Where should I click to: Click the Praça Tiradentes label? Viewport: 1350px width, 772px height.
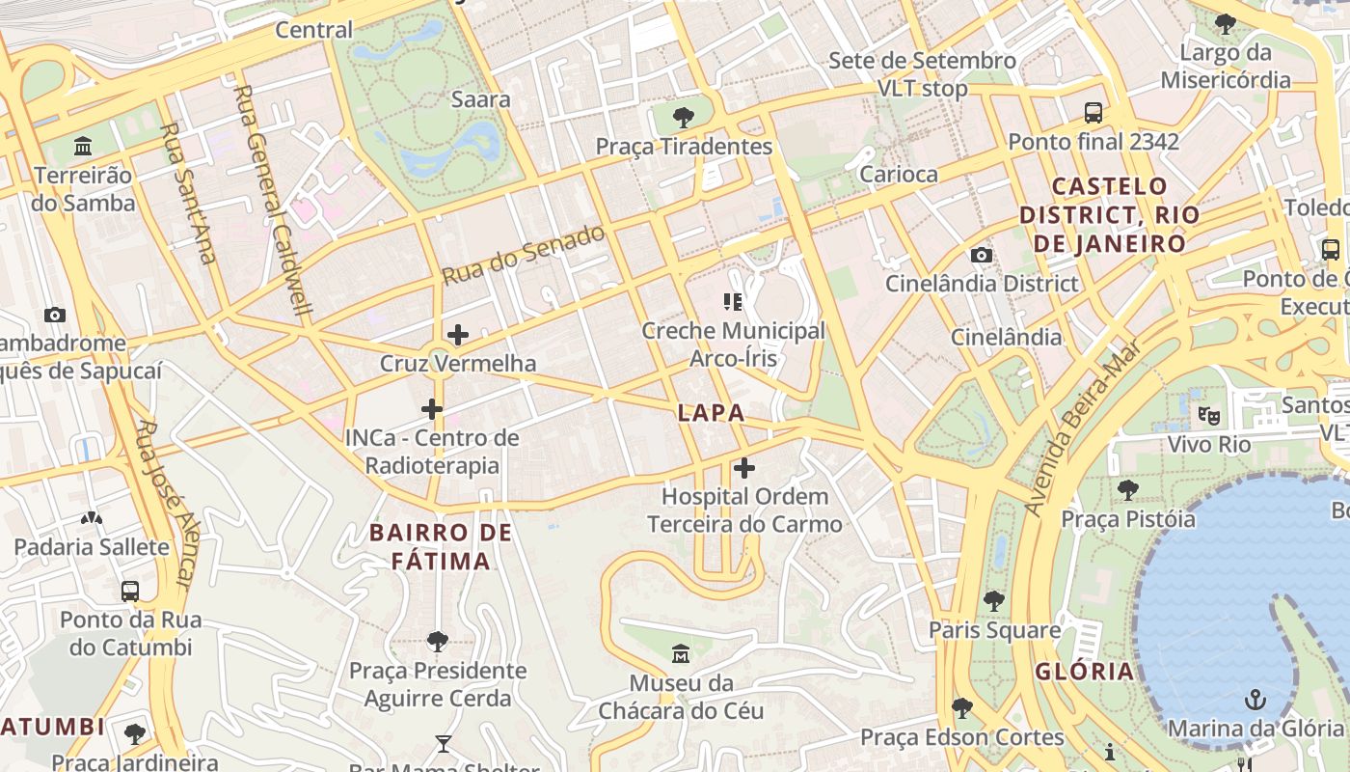pos(684,147)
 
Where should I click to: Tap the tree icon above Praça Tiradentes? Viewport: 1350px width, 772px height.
pos(684,119)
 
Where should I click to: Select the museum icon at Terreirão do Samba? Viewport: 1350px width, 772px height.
pos(84,148)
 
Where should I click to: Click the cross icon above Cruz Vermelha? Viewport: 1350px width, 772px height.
pos(458,336)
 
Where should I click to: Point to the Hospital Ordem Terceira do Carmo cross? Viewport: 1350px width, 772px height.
pos(744,469)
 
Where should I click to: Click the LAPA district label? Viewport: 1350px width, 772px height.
pos(711,413)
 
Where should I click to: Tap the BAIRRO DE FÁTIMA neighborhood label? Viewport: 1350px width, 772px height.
pos(441,546)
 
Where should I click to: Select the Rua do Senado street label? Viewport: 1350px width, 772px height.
pos(524,255)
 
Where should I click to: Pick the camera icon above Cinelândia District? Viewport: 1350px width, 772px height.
pos(982,256)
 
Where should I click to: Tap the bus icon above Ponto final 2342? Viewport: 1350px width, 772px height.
pos(1093,113)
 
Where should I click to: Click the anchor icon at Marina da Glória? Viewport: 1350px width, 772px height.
pos(1255,699)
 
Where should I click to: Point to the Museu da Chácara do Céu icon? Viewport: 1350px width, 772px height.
pos(681,654)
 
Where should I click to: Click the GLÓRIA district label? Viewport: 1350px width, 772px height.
pos(1085,672)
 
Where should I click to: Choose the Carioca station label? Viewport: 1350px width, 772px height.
pos(898,175)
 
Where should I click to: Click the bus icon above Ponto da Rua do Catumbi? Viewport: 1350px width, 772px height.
pos(130,592)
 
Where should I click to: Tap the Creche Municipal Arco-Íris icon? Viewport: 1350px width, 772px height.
pos(733,303)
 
